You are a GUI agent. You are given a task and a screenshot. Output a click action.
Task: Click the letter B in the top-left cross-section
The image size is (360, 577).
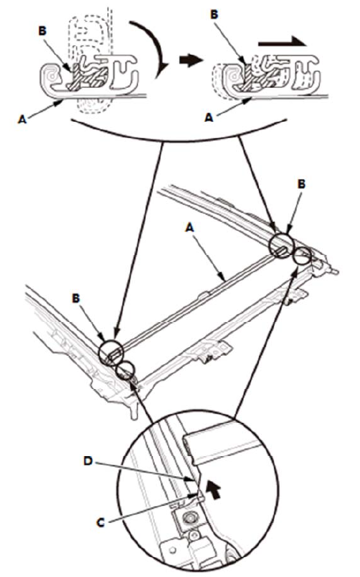click(43, 31)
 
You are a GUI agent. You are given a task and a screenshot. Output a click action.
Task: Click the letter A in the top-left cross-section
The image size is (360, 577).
click(22, 120)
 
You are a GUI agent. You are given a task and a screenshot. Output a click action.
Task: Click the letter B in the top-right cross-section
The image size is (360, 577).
click(214, 14)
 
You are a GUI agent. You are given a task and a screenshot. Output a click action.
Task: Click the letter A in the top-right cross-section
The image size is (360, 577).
click(209, 117)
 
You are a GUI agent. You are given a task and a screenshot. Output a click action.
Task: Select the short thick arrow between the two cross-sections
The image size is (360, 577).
click(191, 60)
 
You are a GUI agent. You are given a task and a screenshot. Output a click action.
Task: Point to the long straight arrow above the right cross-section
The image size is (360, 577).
click(283, 41)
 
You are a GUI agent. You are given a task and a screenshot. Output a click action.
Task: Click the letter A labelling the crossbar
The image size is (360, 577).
click(189, 228)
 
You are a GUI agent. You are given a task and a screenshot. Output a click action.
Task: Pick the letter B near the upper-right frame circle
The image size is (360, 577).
click(301, 184)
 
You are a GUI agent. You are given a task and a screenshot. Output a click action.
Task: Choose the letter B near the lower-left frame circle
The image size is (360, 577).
click(76, 298)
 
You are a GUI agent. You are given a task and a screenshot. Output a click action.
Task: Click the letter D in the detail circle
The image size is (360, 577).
click(88, 460)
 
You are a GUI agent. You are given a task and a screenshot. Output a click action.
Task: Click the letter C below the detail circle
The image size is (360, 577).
click(100, 522)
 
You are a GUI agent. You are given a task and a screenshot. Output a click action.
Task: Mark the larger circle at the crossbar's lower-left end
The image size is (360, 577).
click(111, 352)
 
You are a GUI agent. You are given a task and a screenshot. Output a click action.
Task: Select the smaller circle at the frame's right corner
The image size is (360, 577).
click(303, 256)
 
